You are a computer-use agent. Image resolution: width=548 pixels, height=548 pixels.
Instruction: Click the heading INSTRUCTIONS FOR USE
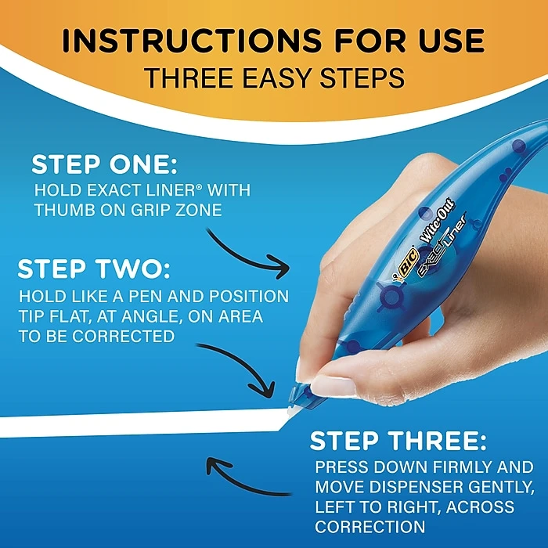click(273, 41)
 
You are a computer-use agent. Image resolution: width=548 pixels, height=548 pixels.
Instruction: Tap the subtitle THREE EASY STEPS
click(273, 78)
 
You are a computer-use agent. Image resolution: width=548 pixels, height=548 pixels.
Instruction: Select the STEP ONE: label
click(105, 165)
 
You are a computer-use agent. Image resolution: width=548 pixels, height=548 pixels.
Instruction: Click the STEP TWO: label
click(93, 269)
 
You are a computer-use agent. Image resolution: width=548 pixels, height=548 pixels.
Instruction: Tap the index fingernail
click(333, 387)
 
